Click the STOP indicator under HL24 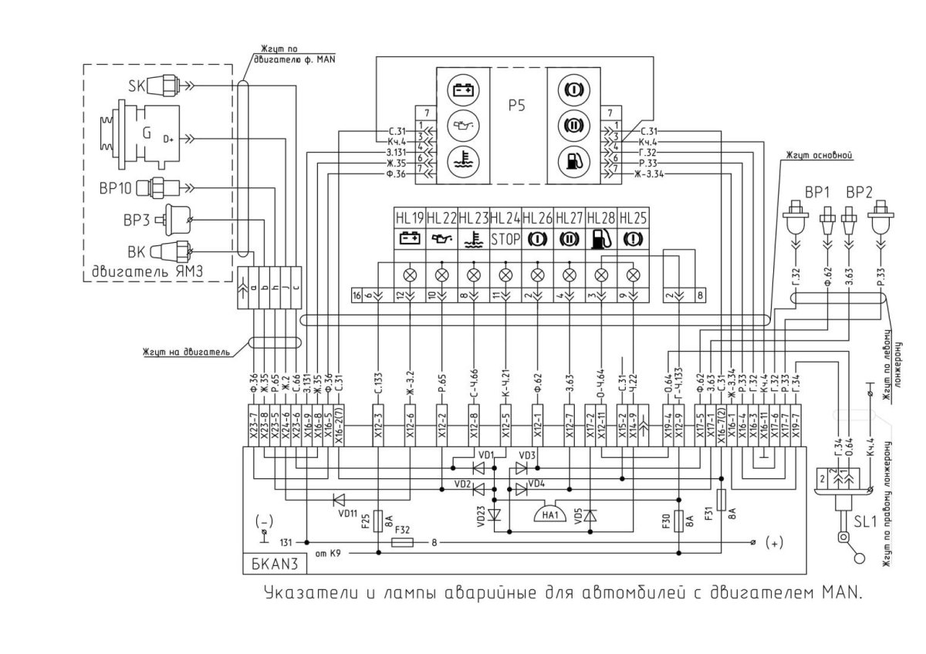tap(505, 239)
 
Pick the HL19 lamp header tap(409, 219)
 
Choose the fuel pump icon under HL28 tap(601, 239)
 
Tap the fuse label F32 tap(402, 531)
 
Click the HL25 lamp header tap(634, 219)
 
